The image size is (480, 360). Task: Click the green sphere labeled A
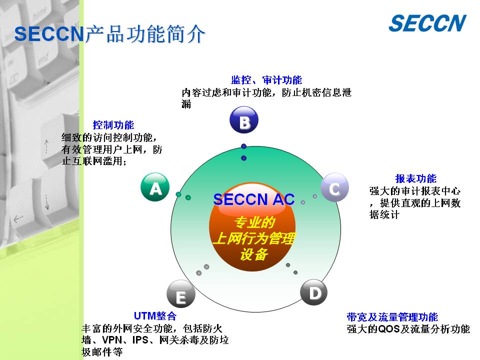155,187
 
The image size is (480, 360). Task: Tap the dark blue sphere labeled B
244,119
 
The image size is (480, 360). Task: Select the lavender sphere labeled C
334,187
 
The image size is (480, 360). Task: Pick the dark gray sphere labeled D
314,292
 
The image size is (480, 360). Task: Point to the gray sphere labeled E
181,294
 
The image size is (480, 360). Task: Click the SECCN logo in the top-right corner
427,23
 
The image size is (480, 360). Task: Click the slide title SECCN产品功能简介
109,33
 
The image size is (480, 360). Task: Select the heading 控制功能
113,125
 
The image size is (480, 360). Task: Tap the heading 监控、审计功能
266,80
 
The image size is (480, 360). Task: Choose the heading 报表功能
415,178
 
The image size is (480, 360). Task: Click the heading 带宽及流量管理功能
392,317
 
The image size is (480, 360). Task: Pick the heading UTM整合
155,315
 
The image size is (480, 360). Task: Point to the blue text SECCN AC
254,199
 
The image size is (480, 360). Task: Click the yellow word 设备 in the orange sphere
254,254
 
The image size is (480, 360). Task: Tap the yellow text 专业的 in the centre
254,222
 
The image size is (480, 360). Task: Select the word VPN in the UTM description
112,340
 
